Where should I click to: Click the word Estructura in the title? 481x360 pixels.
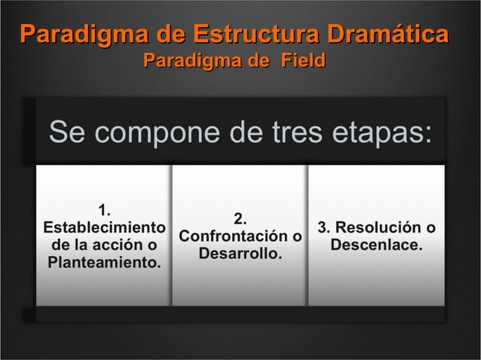[x=257, y=35]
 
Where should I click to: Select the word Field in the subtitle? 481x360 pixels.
[x=304, y=59]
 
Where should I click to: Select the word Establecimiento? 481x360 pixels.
[x=104, y=227]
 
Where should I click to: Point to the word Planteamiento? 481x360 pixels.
[x=104, y=263]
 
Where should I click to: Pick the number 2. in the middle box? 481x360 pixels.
[x=240, y=218]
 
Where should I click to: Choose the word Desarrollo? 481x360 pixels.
[x=240, y=255]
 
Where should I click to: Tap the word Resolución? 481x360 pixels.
[x=379, y=227]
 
